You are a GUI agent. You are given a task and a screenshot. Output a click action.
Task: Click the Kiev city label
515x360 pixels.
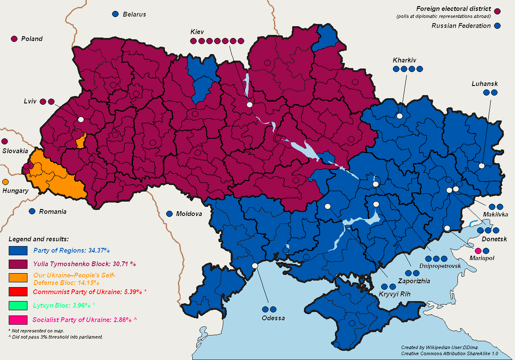[197, 32]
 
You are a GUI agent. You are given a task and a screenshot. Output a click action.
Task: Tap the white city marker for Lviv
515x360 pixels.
[81, 119]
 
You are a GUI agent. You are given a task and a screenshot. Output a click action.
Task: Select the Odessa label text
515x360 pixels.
[273, 318]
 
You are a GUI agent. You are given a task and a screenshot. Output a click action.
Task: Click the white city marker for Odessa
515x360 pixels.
[255, 265]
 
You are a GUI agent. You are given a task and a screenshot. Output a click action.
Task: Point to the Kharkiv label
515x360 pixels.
[404, 60]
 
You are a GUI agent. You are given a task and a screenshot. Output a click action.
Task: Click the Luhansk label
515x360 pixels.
[484, 83]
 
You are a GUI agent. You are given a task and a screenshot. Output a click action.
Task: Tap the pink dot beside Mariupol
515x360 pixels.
[477, 250]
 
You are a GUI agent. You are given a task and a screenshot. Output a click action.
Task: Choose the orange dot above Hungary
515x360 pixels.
[5, 182]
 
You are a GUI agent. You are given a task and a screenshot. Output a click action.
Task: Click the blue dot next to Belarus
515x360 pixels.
[115, 14]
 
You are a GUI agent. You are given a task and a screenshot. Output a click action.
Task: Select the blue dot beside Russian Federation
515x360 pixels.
[498, 26]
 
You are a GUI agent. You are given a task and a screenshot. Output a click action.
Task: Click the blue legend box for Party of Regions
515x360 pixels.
[18, 250]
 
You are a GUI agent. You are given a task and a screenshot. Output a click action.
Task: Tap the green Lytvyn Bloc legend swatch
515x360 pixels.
[18, 305]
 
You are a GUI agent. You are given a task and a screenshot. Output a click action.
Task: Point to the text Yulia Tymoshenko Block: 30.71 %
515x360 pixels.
[85, 264]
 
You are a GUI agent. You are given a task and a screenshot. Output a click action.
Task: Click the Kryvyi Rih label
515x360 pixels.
[395, 294]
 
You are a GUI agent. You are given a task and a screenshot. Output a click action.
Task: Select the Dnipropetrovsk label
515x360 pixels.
[440, 266]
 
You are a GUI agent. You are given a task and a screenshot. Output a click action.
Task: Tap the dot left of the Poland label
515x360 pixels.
[14, 39]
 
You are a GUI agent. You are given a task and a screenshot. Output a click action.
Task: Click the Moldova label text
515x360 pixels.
[189, 214]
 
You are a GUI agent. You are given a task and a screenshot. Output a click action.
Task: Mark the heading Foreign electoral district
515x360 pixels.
[454, 9]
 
